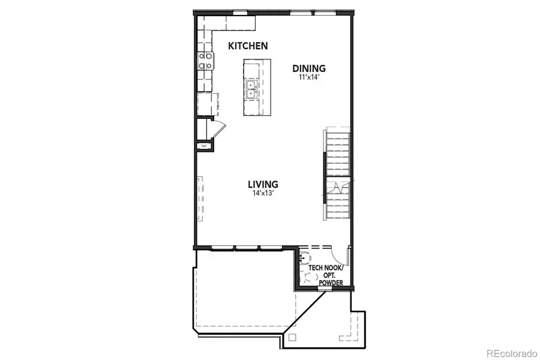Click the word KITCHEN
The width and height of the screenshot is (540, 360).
click(x=248, y=46)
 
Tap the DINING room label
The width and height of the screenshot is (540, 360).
click(x=309, y=68)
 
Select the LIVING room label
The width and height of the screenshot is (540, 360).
click(x=263, y=184)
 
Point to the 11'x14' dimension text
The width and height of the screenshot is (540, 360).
click(x=309, y=77)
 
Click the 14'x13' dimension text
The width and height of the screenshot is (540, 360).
click(x=263, y=193)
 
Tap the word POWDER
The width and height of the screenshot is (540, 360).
click(x=331, y=283)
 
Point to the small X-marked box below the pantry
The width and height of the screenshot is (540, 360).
click(x=203, y=145)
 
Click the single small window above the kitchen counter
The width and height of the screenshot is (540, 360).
click(x=239, y=12)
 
